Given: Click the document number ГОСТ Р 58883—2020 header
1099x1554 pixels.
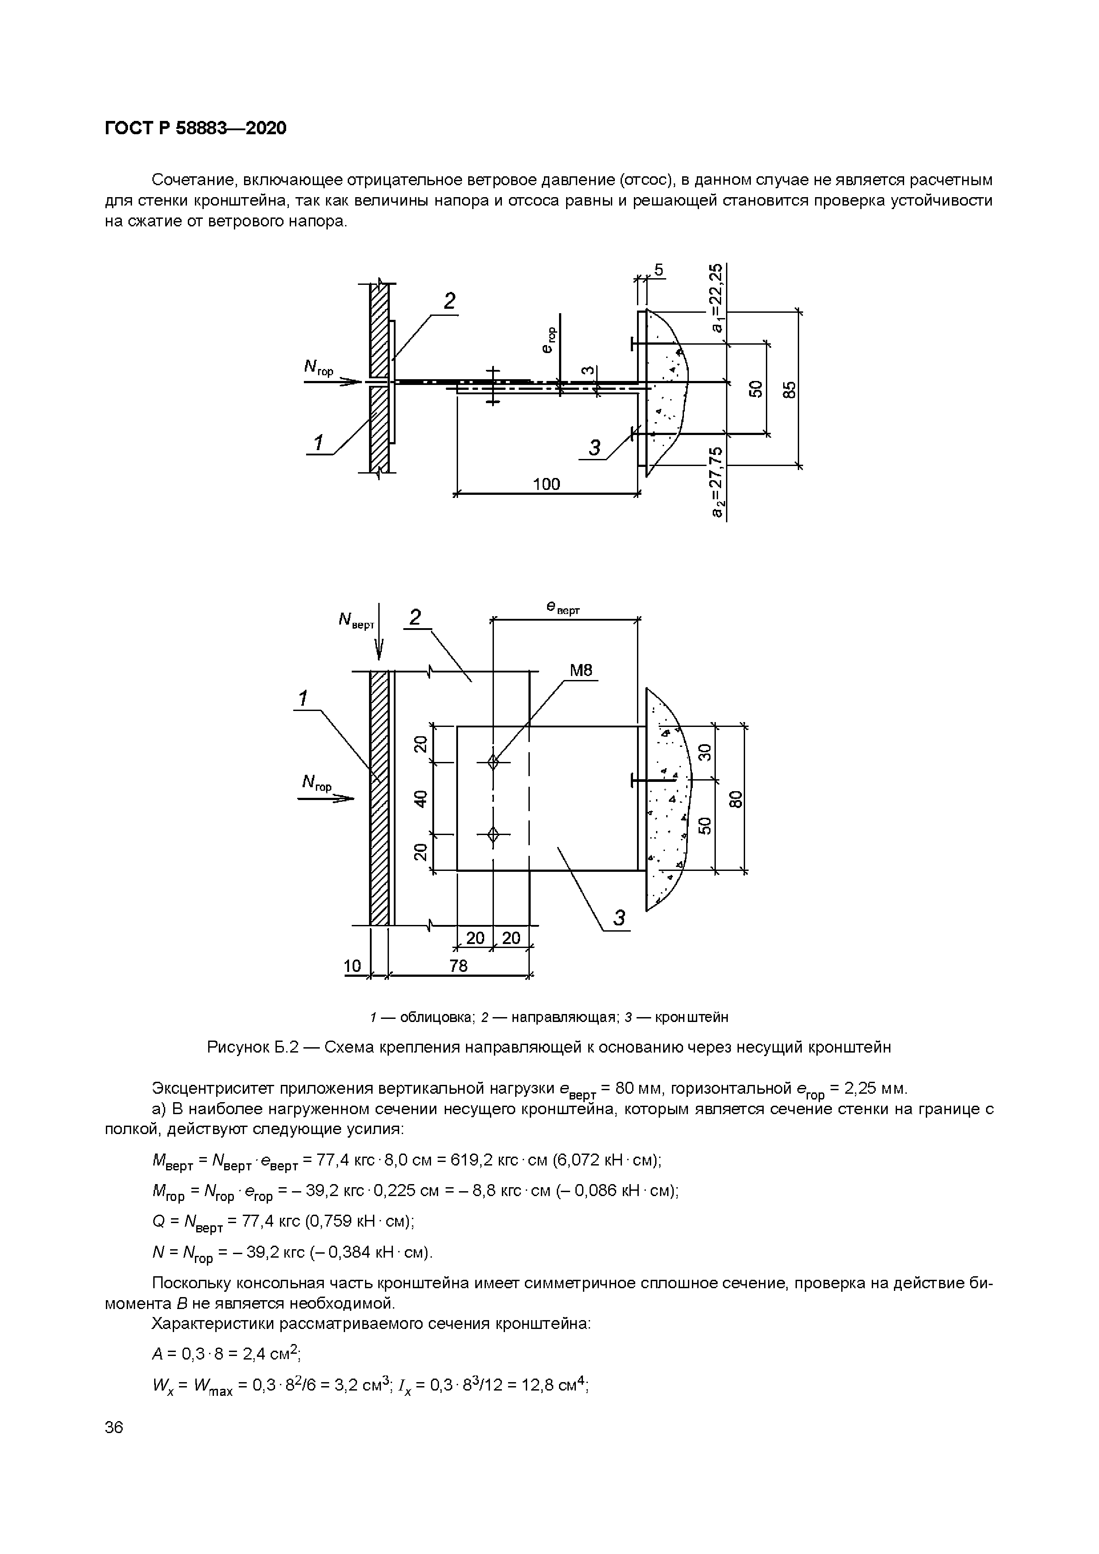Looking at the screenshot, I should point(196,128).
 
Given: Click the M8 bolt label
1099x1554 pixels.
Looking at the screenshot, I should point(581,670).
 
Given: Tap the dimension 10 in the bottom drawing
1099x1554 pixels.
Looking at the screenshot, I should point(353,966).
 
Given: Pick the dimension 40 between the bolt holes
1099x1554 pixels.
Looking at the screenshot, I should point(421,799).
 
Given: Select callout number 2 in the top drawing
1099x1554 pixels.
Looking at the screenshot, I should point(449,301).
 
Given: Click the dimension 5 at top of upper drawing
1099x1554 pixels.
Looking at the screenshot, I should point(658,271).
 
